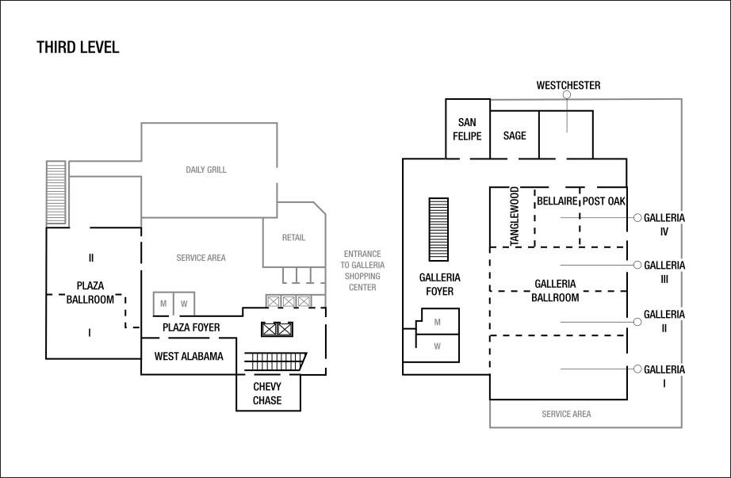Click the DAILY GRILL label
(x=206, y=170)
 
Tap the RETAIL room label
(x=293, y=238)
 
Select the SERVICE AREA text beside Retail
(x=201, y=258)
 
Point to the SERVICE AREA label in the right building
(x=566, y=415)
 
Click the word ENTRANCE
(x=362, y=254)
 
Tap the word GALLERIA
(x=368, y=266)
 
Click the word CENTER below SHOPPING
(x=362, y=288)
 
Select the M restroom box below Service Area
(x=163, y=304)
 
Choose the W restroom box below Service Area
(x=184, y=304)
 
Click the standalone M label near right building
(x=437, y=323)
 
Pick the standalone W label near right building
(x=437, y=346)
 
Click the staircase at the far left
(x=56, y=193)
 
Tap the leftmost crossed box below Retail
(x=274, y=301)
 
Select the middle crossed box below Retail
(x=289, y=301)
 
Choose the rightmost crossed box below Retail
(x=304, y=301)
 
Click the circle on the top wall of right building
(x=566, y=94)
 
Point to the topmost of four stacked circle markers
(x=637, y=217)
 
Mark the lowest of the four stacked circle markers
(x=637, y=369)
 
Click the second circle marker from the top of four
(x=637, y=265)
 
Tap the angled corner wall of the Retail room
(x=320, y=208)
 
